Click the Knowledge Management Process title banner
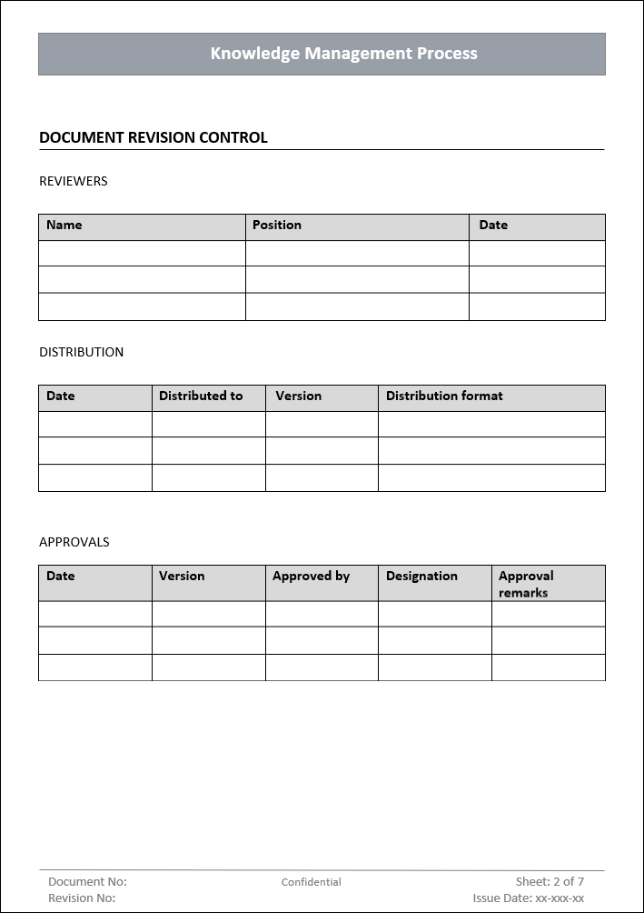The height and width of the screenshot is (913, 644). click(x=343, y=54)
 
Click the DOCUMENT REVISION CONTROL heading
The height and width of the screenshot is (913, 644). click(x=153, y=138)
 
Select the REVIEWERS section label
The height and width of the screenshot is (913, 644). click(x=73, y=181)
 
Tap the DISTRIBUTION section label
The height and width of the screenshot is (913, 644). click(x=81, y=352)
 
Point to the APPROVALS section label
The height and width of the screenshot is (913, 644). click(x=74, y=542)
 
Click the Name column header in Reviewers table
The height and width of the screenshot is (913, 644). click(x=64, y=225)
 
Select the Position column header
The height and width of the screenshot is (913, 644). click(x=277, y=225)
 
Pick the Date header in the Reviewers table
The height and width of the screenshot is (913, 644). click(x=493, y=225)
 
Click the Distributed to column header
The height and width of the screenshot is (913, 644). click(x=201, y=396)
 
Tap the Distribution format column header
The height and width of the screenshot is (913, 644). click(x=444, y=396)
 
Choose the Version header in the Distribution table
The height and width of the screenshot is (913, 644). click(x=299, y=396)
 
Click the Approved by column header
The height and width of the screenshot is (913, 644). click(x=311, y=576)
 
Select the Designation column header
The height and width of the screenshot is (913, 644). click(x=421, y=576)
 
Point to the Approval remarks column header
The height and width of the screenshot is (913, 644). click(x=526, y=584)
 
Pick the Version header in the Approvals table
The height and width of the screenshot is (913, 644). click(x=182, y=576)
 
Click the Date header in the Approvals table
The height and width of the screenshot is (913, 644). click(x=61, y=576)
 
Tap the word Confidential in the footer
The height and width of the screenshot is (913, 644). click(x=312, y=882)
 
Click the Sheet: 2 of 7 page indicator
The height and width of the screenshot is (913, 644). click(x=550, y=881)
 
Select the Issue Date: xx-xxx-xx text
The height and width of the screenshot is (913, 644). click(x=528, y=898)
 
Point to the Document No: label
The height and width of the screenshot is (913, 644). click(x=87, y=881)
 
